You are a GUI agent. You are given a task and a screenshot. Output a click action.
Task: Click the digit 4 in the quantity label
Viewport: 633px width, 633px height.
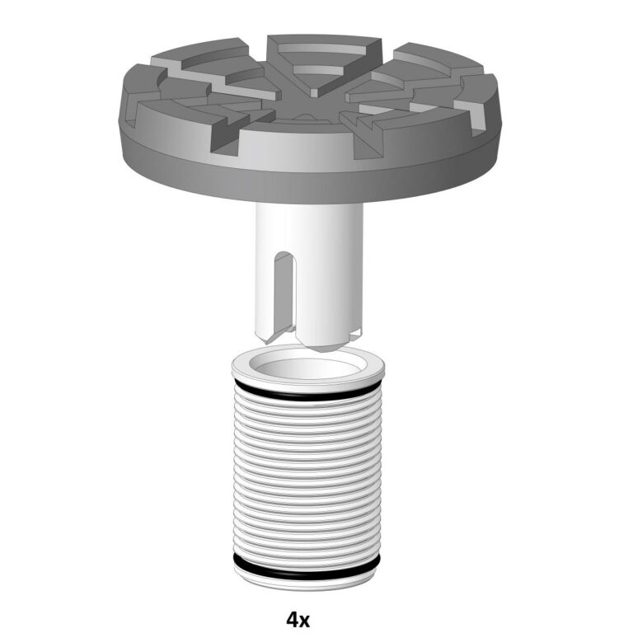(x=292, y=619)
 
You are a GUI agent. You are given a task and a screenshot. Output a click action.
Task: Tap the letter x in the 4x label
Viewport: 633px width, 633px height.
(x=305, y=621)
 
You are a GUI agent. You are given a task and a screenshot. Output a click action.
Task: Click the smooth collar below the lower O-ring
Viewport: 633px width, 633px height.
(x=307, y=584)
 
